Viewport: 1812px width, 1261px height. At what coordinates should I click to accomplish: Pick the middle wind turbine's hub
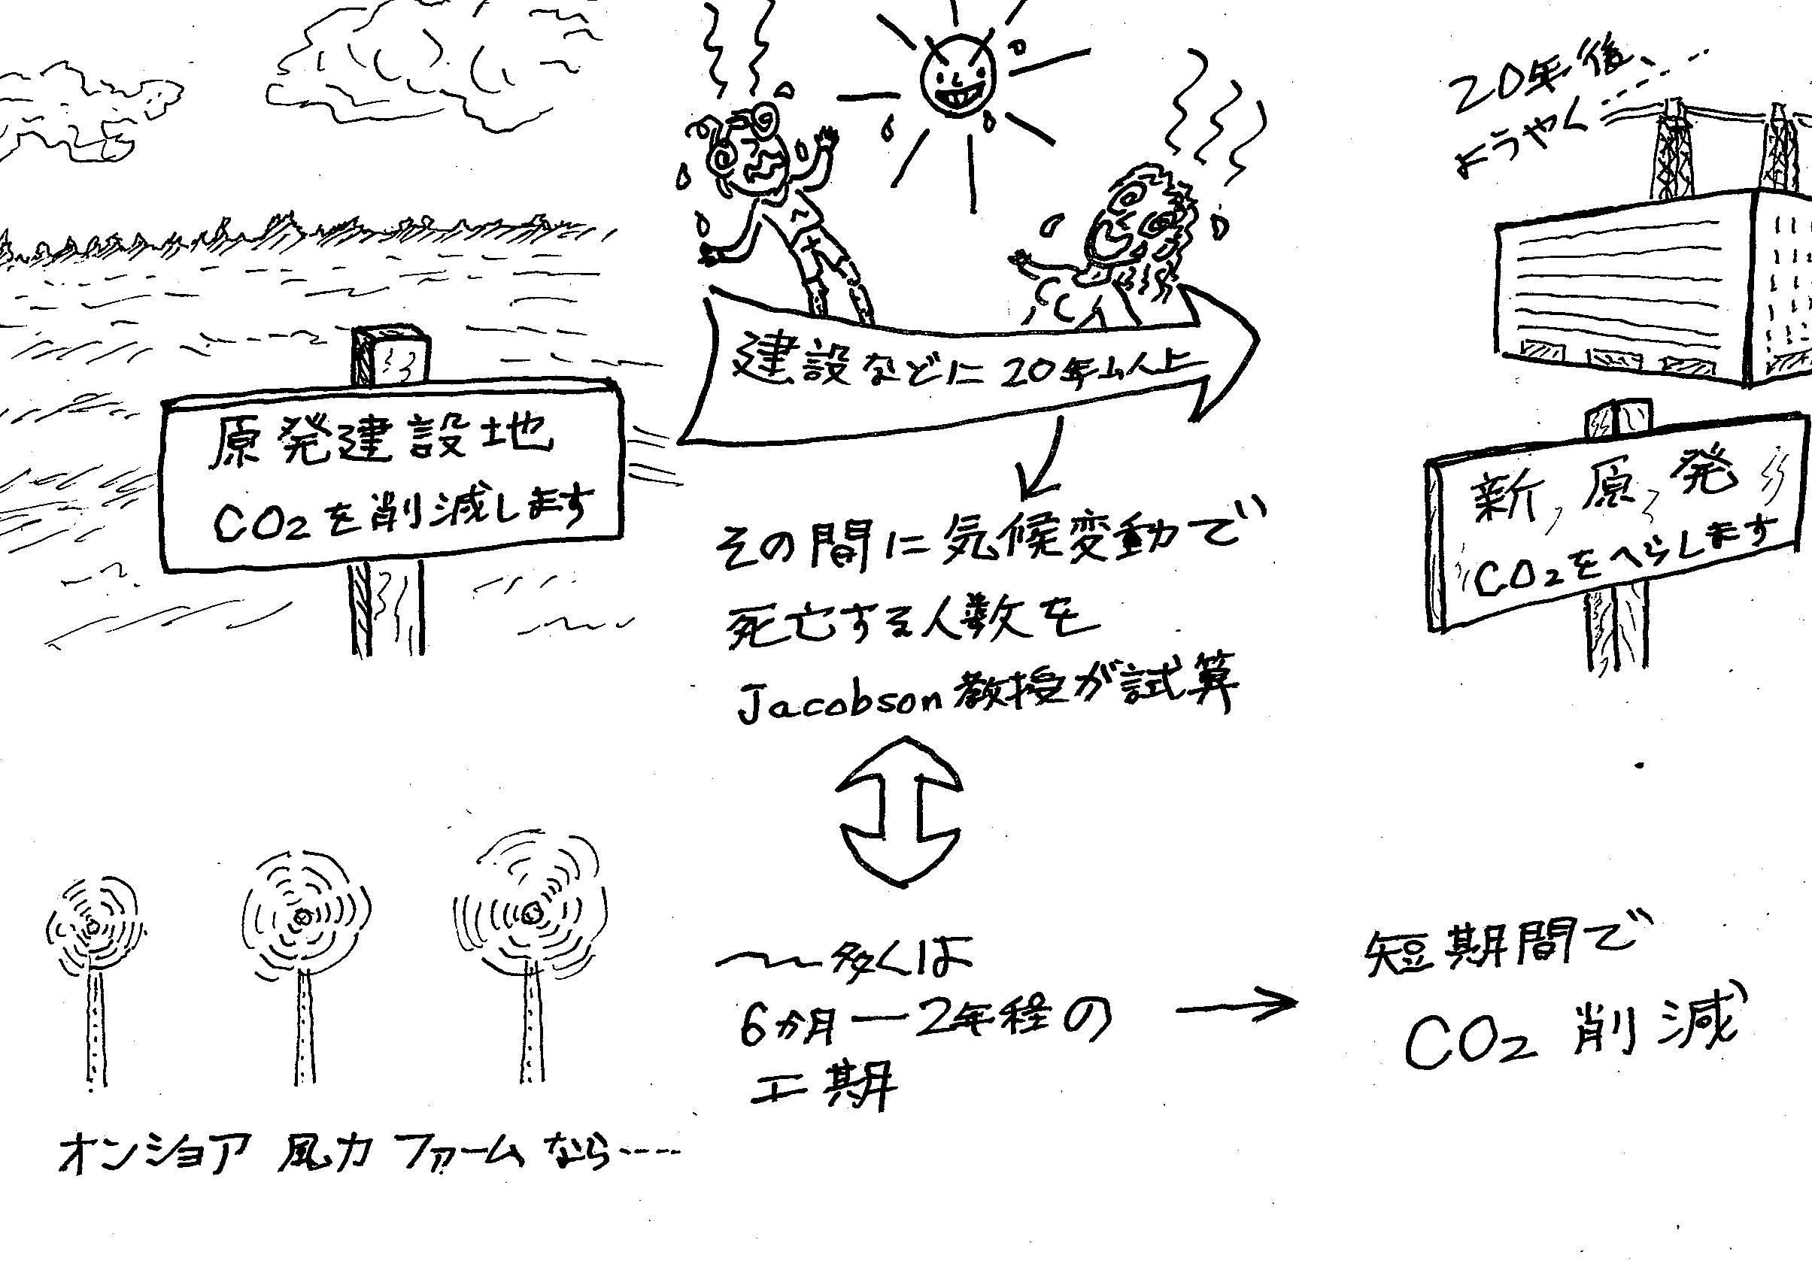pos(302,917)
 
